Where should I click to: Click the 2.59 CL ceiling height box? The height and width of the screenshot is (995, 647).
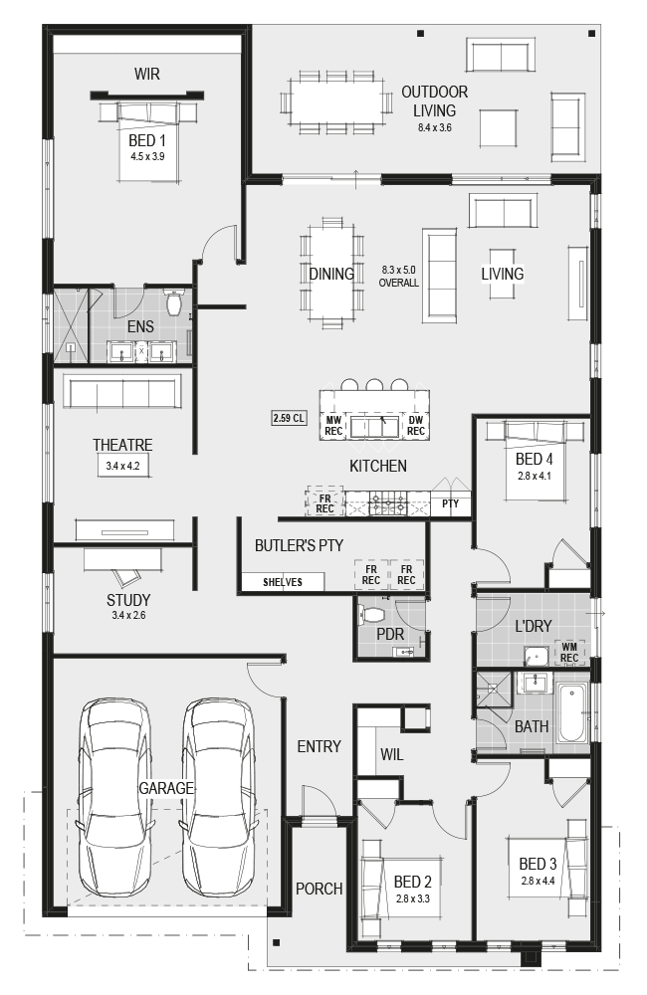pos(289,418)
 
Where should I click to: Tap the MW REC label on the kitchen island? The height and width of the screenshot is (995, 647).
pos(333,425)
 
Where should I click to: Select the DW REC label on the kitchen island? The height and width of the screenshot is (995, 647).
pos(416,425)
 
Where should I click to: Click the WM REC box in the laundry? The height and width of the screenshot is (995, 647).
pos(569,653)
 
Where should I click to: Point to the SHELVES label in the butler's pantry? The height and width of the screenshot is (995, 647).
pos(283,582)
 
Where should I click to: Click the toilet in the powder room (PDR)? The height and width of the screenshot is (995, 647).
pos(371,614)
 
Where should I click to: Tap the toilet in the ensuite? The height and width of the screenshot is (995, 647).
pos(174,302)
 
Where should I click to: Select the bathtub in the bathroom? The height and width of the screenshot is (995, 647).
pos(571,712)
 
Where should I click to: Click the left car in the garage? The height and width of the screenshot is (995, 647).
pos(114,796)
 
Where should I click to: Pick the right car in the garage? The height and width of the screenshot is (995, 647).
pos(218,796)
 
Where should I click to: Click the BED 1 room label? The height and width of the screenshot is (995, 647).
pos(147,140)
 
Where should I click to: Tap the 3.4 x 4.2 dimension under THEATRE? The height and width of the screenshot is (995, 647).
pos(122,466)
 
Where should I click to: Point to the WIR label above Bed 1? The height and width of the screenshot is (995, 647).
pos(147,74)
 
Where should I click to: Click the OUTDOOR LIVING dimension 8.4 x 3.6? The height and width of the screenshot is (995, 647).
pos(434,127)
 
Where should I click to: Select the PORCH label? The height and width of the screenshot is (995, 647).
pos(320,889)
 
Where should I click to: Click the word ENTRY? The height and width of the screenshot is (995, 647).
pos(320,746)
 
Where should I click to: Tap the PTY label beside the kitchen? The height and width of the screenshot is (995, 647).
pos(450,503)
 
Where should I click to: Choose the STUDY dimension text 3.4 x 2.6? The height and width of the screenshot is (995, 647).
pos(128,615)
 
